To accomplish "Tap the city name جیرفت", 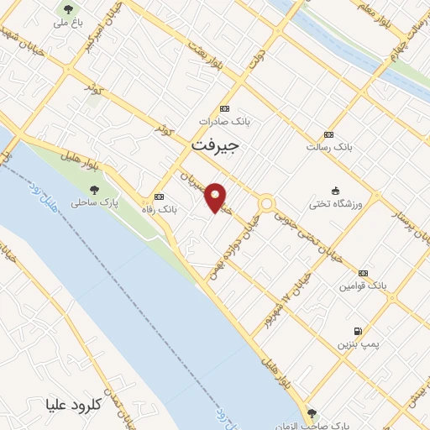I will point(216,144).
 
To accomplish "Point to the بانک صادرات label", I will point(224,122).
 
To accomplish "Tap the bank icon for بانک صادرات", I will point(224,108).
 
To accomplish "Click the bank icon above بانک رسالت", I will point(328,134).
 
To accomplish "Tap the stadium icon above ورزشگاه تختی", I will point(335,189).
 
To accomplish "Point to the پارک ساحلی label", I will point(93,202).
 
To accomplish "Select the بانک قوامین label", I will point(362,286).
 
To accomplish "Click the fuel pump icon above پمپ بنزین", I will point(359,331).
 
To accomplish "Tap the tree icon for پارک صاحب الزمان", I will point(312,413).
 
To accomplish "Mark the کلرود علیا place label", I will point(75,404).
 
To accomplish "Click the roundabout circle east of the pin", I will point(267,203).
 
